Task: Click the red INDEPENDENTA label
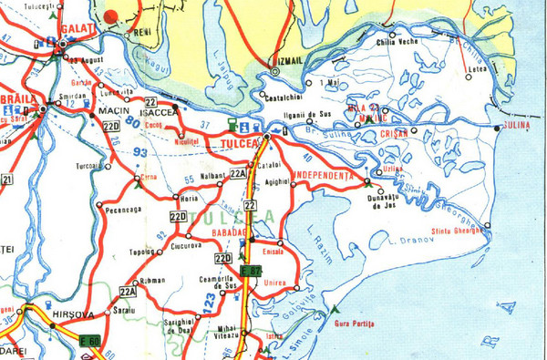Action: [x=323, y=174]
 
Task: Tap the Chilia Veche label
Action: [x=397, y=41]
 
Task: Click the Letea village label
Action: [x=476, y=68]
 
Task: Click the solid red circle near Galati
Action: [x=111, y=15]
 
